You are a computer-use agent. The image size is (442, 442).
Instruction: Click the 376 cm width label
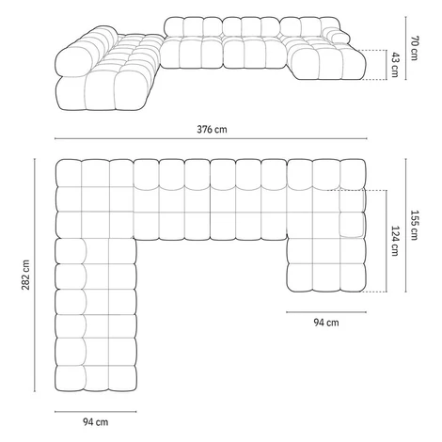(x=212, y=129)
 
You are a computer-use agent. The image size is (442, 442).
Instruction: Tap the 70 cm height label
(x=415, y=48)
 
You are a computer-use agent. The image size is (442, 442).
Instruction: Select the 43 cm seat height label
(x=395, y=65)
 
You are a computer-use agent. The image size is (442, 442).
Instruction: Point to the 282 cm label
(x=25, y=275)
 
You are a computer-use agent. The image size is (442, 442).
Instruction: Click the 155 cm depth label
(x=414, y=225)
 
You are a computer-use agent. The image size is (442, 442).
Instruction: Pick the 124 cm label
(x=395, y=241)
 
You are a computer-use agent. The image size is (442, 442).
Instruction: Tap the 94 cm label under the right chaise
(x=326, y=323)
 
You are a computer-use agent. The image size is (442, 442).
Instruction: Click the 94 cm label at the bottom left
(x=96, y=422)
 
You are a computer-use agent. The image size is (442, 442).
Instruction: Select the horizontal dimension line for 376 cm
(x=211, y=138)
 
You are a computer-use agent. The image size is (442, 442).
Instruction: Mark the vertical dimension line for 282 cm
(x=35, y=276)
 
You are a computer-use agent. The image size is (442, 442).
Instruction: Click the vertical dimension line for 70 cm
(x=406, y=48)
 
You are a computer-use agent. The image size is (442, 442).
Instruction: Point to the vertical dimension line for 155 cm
(x=406, y=226)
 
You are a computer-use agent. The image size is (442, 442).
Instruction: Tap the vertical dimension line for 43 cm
(x=387, y=65)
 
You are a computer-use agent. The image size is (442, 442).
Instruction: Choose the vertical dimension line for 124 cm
(x=387, y=241)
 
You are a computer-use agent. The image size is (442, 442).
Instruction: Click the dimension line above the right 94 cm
(x=326, y=312)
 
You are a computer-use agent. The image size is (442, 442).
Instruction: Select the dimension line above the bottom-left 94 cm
(x=96, y=412)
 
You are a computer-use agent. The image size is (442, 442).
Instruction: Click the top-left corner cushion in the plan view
(x=69, y=173)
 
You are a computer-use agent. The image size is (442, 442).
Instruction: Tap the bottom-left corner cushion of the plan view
(x=71, y=378)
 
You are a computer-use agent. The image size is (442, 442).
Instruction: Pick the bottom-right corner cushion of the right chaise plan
(x=353, y=277)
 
